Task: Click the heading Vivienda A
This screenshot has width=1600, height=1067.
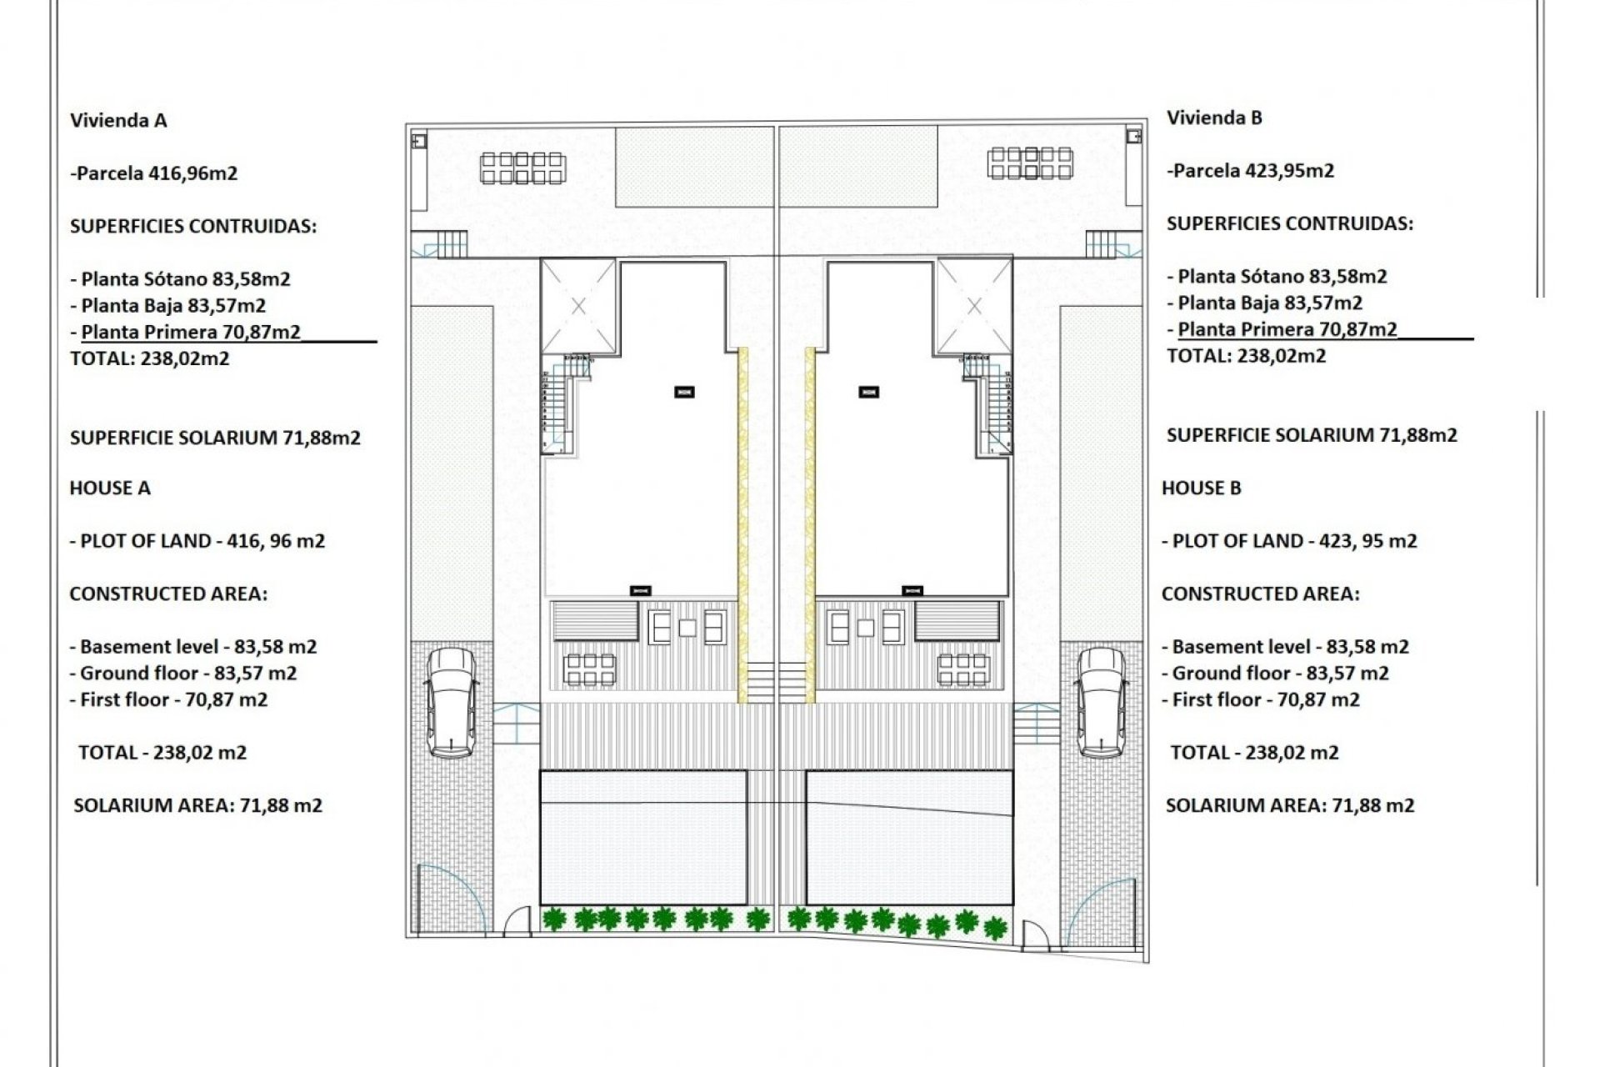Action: [118, 121]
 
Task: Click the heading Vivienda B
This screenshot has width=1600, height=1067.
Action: [1214, 118]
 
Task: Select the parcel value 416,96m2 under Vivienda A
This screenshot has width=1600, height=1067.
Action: [192, 173]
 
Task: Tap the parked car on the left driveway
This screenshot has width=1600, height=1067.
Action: [451, 702]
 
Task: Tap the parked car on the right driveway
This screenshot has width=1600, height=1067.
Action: [1101, 702]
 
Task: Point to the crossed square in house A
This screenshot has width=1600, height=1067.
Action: [578, 306]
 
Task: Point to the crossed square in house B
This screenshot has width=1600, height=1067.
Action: [974, 306]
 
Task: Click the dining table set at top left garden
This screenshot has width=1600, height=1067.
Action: [522, 168]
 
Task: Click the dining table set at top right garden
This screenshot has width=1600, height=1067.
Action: [1030, 163]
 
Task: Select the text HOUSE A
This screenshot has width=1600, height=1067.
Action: [110, 488]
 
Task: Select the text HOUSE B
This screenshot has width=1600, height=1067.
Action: [1201, 488]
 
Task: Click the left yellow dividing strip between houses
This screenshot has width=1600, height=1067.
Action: [742, 525]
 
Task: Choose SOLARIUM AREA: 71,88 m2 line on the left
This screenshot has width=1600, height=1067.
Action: [197, 805]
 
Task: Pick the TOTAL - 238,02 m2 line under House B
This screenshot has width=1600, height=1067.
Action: [1254, 753]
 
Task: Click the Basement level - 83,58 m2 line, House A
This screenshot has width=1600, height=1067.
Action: [193, 647]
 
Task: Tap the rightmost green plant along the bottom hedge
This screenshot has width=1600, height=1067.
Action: [995, 928]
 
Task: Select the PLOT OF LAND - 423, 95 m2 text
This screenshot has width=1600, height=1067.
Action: [1289, 541]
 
